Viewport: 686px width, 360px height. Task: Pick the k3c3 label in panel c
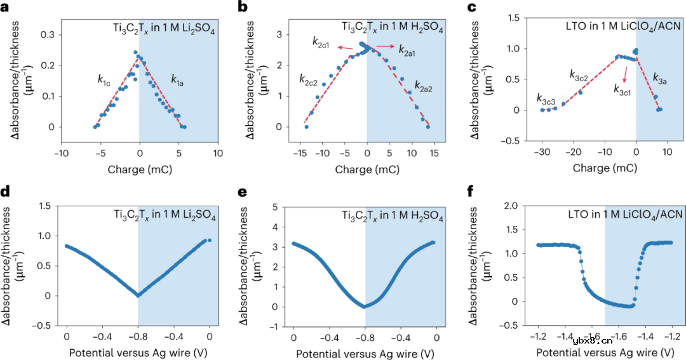pyautogui.click(x=546, y=98)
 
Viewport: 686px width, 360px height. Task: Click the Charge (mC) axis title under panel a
pyautogui.click(x=140, y=170)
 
